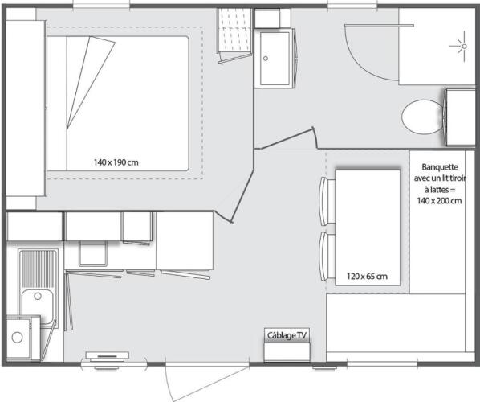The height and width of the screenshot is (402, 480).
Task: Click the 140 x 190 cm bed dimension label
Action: point(116,162)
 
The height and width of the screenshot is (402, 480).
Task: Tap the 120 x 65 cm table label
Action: point(367,277)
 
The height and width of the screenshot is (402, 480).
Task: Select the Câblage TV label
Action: point(287,335)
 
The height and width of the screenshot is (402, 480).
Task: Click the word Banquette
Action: point(440,167)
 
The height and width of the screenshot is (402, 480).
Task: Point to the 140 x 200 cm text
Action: point(439,201)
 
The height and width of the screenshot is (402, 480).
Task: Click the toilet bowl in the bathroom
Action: point(423,117)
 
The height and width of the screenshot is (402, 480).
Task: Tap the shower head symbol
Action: point(464,47)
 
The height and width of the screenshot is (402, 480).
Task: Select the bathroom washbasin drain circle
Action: point(266,58)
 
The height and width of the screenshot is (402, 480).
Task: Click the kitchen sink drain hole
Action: point(38,296)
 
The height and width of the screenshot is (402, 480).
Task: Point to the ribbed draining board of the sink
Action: point(39,269)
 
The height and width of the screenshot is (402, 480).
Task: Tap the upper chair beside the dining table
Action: point(327,201)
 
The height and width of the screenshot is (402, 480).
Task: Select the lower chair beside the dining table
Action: point(327,256)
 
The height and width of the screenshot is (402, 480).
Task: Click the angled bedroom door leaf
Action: point(242,196)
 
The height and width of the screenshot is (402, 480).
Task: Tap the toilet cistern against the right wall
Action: point(460,117)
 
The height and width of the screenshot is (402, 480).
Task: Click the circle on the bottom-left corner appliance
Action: point(17,338)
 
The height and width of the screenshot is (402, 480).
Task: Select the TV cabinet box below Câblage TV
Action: point(287,351)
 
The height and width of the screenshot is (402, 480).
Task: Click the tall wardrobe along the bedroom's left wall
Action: point(26,109)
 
